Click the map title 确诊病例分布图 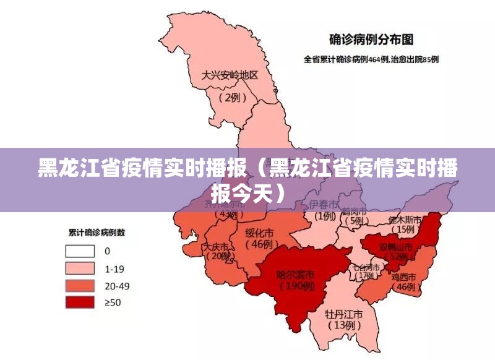click(371, 40)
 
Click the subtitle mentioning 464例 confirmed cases click(371, 60)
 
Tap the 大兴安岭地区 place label click(230, 75)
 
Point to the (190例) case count click(296, 286)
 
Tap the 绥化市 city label click(259, 233)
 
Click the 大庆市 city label click(215, 246)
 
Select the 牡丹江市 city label click(344, 313)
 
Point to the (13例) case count click(343, 325)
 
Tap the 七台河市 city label click(366, 267)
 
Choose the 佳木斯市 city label click(405, 220)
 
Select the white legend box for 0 click(80, 251)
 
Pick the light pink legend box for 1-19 click(80, 268)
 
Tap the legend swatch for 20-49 click(80, 285)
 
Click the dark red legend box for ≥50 click(80, 302)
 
